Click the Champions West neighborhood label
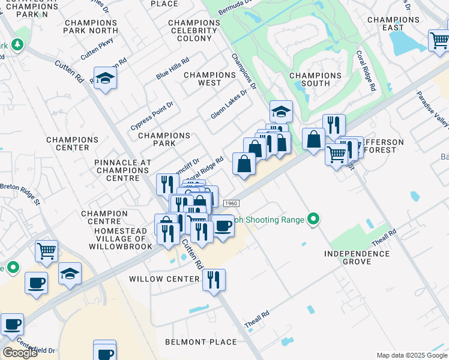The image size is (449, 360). pos(209,79)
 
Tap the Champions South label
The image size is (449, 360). pos(315,80)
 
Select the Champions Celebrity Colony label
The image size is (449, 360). pos(194,30)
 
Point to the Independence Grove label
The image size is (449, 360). pos(357,258)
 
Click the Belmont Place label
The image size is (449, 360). pos(200,342)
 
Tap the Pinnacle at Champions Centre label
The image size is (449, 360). pos(122,167)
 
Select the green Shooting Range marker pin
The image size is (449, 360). pos(312,219)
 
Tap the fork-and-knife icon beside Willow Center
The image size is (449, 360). pos(214,280)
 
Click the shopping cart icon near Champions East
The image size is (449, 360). pos(439,41)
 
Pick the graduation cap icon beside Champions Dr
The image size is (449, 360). pos(280,112)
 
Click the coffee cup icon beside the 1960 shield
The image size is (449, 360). pos(223,226)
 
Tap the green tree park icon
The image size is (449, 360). pos(18,45)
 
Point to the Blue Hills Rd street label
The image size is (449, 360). pos(172,68)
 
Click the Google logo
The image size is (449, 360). pos(20,352)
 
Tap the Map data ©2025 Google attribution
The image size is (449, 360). pos(411,355)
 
